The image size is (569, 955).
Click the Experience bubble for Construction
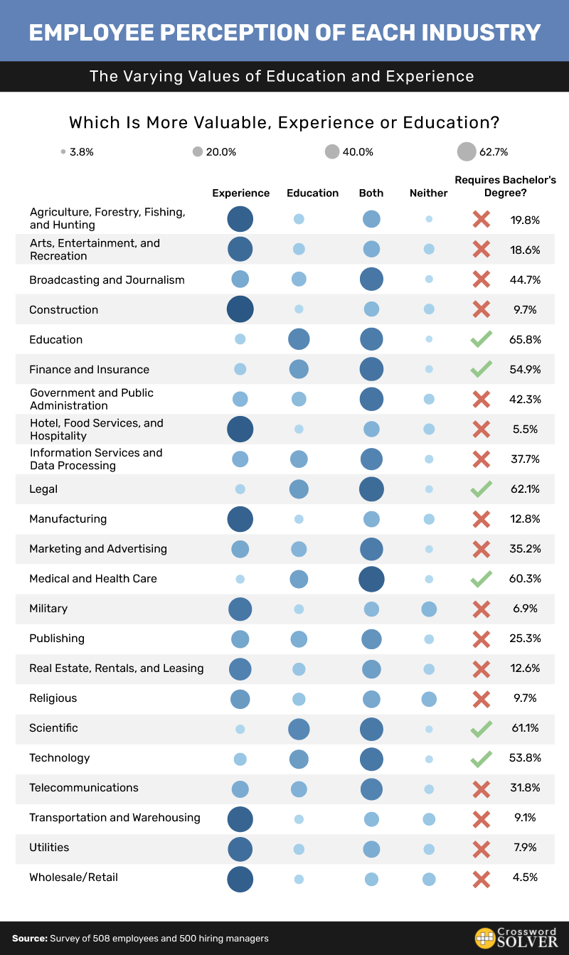(x=240, y=309)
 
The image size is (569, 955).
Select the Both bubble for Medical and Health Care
(x=371, y=579)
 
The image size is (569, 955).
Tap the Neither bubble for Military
(x=429, y=609)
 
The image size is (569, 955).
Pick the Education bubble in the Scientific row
(x=299, y=729)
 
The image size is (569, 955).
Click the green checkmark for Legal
(x=482, y=489)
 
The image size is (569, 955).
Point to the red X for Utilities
(x=482, y=848)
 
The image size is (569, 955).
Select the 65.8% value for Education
(x=526, y=340)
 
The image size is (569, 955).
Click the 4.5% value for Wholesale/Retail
(x=526, y=877)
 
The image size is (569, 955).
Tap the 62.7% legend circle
(x=467, y=151)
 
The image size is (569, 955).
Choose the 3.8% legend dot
(x=64, y=151)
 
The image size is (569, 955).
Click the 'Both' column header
(x=371, y=193)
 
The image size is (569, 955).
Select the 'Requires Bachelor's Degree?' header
(x=505, y=186)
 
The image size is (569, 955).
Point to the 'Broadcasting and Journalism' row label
(x=107, y=280)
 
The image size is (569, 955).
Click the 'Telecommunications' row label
(x=84, y=788)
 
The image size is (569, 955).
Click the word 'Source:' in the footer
(x=29, y=939)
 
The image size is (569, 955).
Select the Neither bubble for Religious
(x=429, y=699)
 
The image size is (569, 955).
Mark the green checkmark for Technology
(x=482, y=759)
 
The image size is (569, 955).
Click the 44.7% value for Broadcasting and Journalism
(x=526, y=280)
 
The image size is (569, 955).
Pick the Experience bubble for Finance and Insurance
(x=240, y=369)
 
